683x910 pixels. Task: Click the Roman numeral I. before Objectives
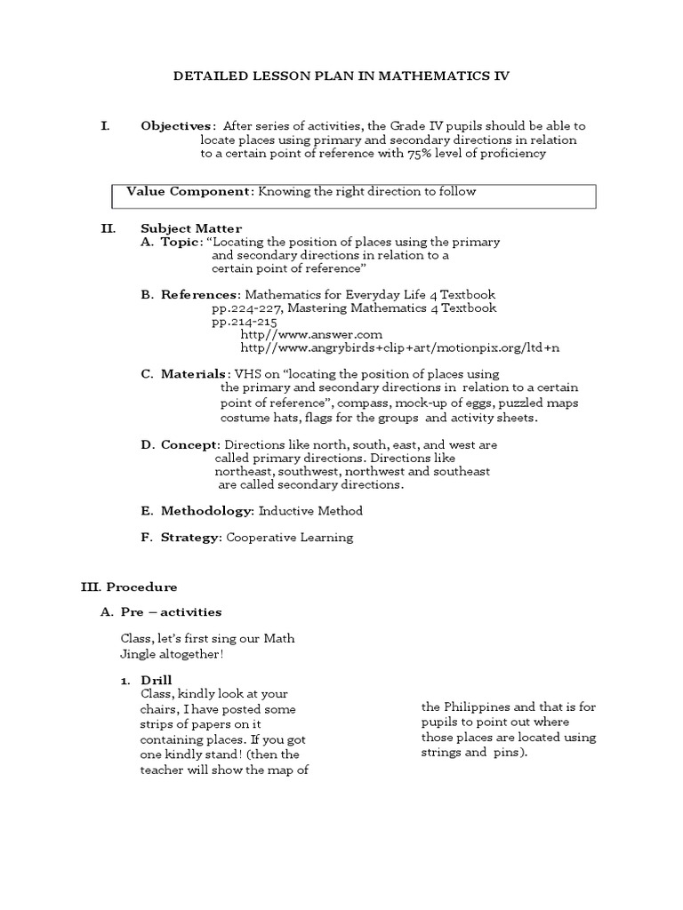coord(105,126)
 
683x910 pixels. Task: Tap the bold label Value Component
coord(189,191)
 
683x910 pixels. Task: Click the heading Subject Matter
coord(191,228)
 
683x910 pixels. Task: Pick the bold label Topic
coord(181,242)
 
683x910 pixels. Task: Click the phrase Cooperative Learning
coord(289,537)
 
